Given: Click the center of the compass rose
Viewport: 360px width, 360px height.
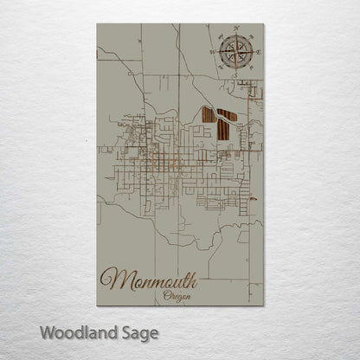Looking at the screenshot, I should coord(234,53).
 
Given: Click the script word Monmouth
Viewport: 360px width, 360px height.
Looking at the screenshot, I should coord(150,279).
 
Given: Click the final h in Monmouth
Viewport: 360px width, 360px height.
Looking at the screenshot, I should coord(192,277).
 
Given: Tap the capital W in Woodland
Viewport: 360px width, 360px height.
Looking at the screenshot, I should coord(47,331).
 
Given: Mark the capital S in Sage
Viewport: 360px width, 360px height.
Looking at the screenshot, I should coord(122,331).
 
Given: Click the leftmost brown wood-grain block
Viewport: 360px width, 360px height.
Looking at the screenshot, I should coord(208,114).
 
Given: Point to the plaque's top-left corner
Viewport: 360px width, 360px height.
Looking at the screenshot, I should coord(97,23).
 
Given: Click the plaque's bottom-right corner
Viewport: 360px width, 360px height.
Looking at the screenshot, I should coord(264,306).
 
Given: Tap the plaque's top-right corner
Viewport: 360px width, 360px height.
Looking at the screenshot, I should coord(264,23).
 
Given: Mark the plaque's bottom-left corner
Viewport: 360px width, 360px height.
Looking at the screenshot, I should coord(97,306).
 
